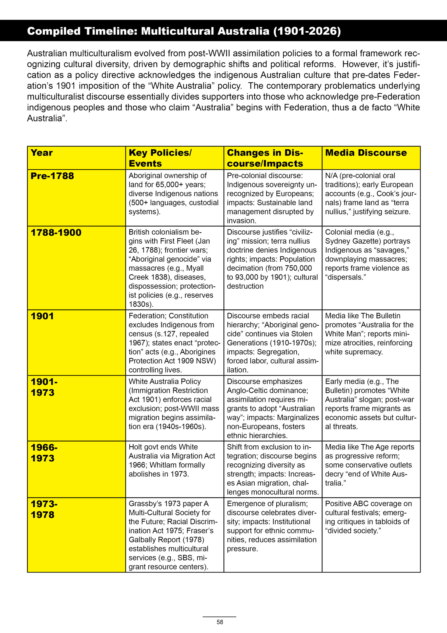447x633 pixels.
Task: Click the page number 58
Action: coord(220,622)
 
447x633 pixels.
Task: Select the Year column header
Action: coord(41,153)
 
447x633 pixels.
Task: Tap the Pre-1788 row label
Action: coord(52,176)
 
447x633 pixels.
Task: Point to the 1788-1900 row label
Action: coord(56,232)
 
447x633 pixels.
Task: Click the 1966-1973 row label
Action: coord(44,452)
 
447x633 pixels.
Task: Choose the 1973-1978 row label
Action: coord(44,509)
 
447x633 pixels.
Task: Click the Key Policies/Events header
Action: coord(160,158)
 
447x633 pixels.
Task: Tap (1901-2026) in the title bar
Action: coord(307,31)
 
